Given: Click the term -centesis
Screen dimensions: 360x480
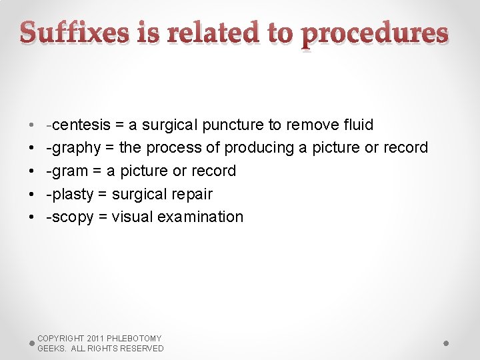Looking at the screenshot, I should (x=75, y=125).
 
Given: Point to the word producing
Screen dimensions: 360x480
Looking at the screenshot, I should (x=259, y=147).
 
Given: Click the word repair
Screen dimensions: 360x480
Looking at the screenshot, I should (x=191, y=194).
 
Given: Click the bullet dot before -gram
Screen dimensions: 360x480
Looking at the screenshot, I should (x=32, y=171).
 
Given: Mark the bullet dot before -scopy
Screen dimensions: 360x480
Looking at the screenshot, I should (x=32, y=217).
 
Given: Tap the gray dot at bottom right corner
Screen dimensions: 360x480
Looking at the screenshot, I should (x=446, y=343).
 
